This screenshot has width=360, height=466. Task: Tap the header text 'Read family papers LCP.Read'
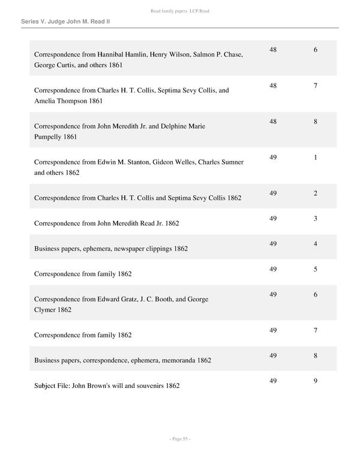click(180, 11)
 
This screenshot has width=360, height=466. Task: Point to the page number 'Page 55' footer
click(180, 439)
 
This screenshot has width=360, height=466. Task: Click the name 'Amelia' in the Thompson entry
click(47, 101)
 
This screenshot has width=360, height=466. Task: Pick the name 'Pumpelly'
click(50, 137)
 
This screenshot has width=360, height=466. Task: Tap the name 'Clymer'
click(46, 310)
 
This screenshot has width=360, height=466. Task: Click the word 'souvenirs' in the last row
click(148, 386)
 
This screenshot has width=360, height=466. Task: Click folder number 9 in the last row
click(316, 381)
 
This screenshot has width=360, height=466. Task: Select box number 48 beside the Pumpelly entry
click(273, 121)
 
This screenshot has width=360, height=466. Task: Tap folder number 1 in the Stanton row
click(316, 157)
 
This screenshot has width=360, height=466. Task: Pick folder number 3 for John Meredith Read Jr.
click(316, 218)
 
